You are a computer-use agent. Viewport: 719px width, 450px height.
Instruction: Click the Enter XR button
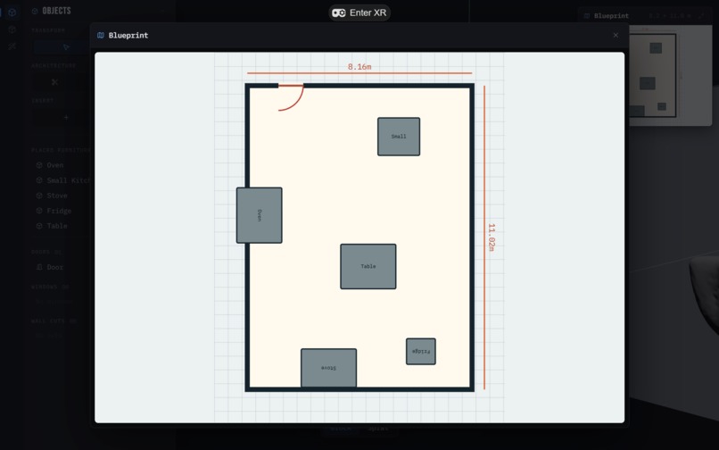359,12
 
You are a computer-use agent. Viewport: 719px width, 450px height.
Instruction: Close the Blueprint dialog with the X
616,35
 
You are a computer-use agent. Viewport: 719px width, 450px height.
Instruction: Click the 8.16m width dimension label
359,67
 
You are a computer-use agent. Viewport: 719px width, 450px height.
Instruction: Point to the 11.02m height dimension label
492,237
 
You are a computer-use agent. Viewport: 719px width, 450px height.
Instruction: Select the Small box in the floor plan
399,137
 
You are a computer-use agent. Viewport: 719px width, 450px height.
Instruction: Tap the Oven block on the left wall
259,215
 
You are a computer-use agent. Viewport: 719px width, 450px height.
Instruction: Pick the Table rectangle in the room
368,266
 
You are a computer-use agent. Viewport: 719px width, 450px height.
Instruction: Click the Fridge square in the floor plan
421,352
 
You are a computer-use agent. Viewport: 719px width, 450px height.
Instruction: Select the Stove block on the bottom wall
328,368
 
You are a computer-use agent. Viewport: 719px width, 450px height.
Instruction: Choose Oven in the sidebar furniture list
55,165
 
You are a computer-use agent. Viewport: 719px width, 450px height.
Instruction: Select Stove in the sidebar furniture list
57,196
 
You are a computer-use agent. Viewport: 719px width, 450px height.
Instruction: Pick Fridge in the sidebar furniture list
59,211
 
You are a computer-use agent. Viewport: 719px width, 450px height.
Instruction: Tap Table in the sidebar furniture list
57,226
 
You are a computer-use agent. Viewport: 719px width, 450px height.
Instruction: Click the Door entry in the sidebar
55,267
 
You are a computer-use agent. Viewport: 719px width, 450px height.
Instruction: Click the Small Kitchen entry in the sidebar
68,180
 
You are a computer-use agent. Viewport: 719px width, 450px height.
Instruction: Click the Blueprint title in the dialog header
128,35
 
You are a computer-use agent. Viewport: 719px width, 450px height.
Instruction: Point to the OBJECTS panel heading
56,11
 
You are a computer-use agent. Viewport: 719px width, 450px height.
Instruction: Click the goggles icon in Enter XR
339,12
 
